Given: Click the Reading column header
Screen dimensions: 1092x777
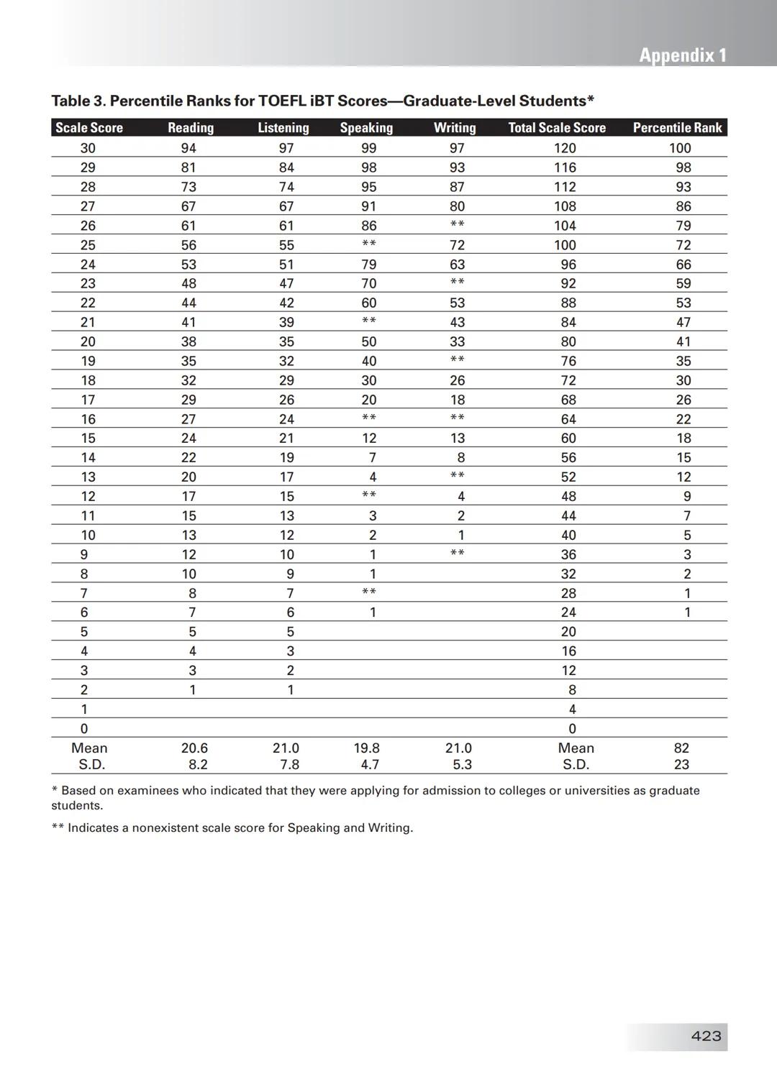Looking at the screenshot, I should click(x=191, y=128).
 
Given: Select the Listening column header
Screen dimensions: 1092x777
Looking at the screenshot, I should click(x=283, y=128).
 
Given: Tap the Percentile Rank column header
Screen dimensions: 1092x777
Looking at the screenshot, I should click(x=677, y=128).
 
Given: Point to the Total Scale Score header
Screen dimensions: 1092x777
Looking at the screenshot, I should click(x=557, y=128).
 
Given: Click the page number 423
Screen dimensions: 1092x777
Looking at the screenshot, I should click(x=706, y=1036).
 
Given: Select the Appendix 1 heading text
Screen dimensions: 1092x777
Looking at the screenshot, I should click(x=683, y=55).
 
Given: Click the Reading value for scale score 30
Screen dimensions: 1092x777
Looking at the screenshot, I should click(x=188, y=148).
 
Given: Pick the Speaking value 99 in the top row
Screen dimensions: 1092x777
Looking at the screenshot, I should click(x=369, y=148).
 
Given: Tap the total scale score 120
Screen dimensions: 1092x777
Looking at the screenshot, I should click(x=565, y=148).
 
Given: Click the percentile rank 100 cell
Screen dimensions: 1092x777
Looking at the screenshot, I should click(x=680, y=148).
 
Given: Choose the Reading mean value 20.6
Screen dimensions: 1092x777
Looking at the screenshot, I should click(x=194, y=748).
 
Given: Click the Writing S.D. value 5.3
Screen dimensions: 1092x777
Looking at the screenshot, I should click(x=462, y=765).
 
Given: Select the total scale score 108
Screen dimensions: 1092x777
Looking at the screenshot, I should click(x=565, y=206).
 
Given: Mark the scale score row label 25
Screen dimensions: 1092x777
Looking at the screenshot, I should click(x=88, y=245).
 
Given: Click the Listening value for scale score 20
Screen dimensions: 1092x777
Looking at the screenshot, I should click(x=286, y=341).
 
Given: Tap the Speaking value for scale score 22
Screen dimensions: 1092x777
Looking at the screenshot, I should click(x=369, y=303).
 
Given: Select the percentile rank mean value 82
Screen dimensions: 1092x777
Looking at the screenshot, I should click(x=681, y=748).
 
